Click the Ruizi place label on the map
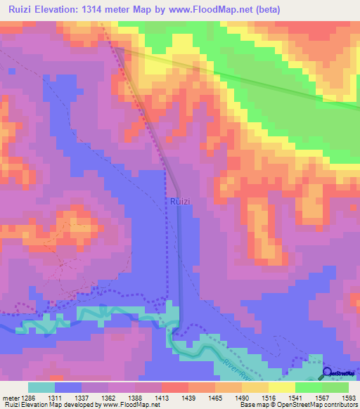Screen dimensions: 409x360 [179, 202]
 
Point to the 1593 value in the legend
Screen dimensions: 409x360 [349, 398]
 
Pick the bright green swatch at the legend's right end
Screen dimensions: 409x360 [335, 387]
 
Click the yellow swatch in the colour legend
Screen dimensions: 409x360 [281, 387]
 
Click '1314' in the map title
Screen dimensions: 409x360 [100, 10]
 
